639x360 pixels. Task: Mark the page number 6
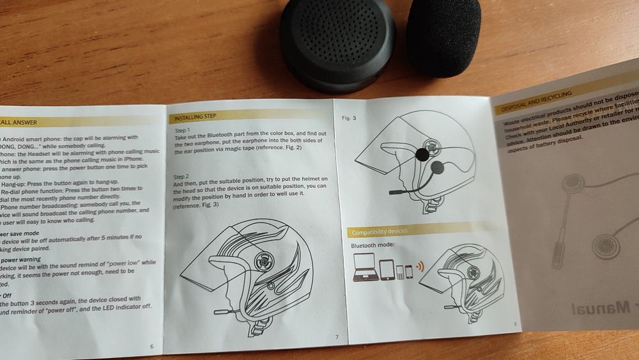click(151, 346)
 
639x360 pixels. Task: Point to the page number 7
click(337, 337)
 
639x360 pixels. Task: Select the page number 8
click(514, 324)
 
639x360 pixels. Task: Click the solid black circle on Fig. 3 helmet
click(422, 154)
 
